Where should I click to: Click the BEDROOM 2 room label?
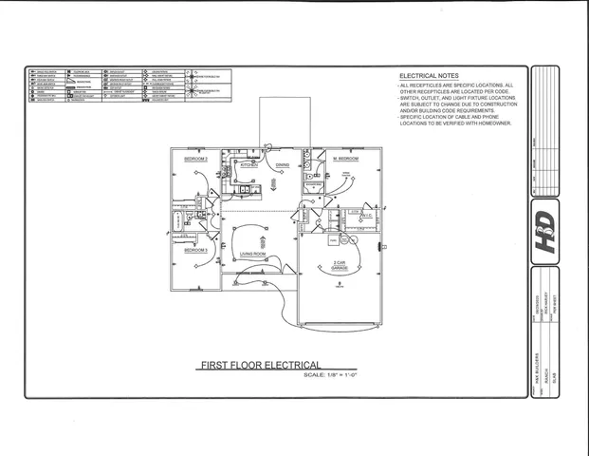pyautogui.click(x=195, y=159)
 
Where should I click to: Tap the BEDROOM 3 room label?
pyautogui.click(x=195, y=249)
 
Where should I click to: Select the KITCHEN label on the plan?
pyautogui.click(x=248, y=165)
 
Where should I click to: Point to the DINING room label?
pyautogui.click(x=283, y=165)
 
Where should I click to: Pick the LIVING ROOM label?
pyautogui.click(x=252, y=254)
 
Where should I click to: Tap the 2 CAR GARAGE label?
pyautogui.click(x=340, y=266)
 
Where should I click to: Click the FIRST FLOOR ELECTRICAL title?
pyautogui.click(x=259, y=365)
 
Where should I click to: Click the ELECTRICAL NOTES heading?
pyautogui.click(x=430, y=75)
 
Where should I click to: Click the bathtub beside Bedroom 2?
pyautogui.click(x=177, y=224)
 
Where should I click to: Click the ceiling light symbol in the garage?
pyautogui.click(x=339, y=282)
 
